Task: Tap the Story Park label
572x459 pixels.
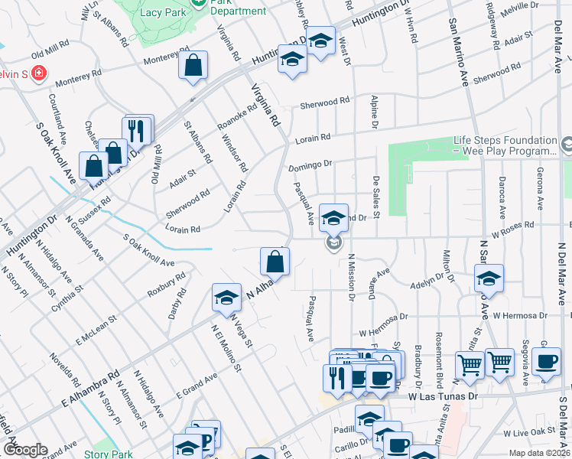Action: click(108, 454)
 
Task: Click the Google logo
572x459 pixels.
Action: click(25, 450)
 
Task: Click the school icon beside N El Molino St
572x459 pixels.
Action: click(226, 298)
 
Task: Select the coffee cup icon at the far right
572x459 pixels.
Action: click(546, 363)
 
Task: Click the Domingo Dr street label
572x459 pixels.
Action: click(310, 164)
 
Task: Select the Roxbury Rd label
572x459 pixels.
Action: click(167, 284)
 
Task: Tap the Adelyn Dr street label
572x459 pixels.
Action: click(427, 285)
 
